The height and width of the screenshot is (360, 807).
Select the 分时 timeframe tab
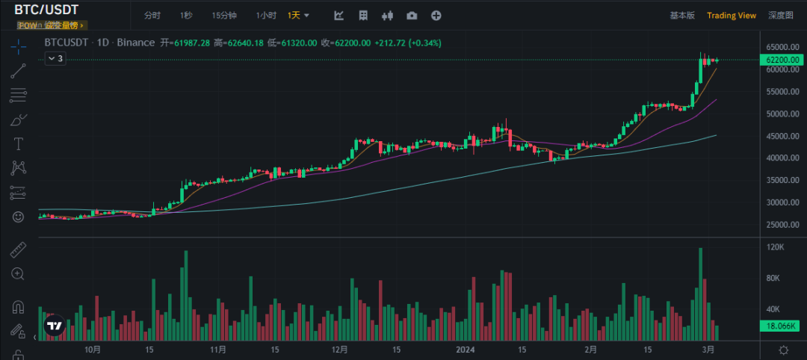152,15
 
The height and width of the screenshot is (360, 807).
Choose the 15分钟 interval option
224,15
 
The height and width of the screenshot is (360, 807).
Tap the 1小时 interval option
266,15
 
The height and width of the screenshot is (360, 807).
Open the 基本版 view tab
681,15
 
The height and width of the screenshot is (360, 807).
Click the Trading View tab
732,15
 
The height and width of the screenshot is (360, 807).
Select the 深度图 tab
780,15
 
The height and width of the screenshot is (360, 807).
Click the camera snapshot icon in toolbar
412,15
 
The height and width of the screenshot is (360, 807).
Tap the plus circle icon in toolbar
436,15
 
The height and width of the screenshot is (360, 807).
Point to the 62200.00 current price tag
782,60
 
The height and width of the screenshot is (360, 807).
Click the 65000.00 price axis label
782,47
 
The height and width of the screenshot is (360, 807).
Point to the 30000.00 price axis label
782,202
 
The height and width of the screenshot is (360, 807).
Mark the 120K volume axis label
776,247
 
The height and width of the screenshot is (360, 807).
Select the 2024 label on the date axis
466,350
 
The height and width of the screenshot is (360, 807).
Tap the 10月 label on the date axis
93,350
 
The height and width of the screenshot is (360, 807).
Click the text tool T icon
18,143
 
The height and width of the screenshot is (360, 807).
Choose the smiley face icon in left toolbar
18,217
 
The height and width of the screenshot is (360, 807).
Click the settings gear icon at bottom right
783,350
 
